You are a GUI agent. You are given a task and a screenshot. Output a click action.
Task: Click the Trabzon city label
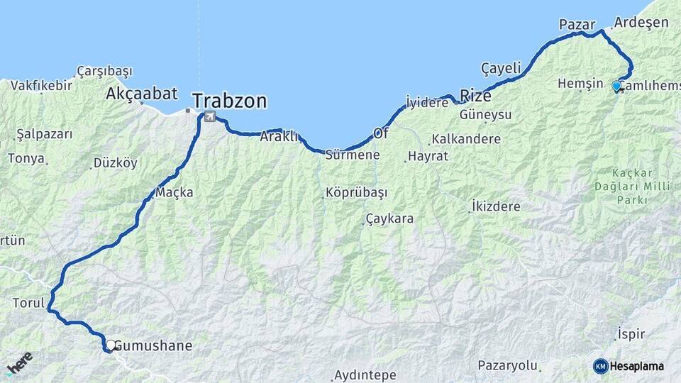coord(229,101)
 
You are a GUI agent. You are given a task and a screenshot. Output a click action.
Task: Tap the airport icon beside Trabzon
coord(210,116)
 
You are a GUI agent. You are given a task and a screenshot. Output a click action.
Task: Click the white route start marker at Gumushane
coord(111,345)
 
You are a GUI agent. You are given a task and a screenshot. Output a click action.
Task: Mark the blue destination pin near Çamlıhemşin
coord(616,86)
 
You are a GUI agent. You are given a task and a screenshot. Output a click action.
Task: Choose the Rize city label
coord(475,95)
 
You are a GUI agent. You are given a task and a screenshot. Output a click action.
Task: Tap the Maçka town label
coord(174,192)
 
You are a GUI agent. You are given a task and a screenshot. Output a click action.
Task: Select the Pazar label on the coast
coord(577,25)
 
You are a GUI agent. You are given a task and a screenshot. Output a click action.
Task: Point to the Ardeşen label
coord(641,22)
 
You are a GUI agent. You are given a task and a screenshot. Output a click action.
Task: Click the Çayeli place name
coord(501,68)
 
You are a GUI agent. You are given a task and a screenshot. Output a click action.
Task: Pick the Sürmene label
coord(353,155)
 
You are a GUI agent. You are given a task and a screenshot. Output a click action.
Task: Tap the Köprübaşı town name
coord(356,192)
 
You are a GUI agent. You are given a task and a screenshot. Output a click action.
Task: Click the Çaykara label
coord(389,218)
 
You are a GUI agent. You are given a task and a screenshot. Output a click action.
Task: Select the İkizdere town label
coord(495,207)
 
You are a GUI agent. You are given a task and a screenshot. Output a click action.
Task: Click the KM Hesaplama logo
coord(629,366)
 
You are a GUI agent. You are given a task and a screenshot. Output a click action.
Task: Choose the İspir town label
coord(630,333)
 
